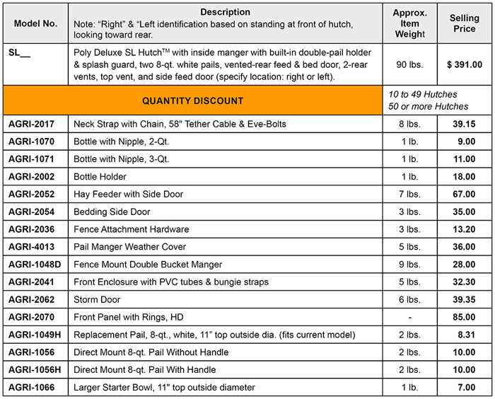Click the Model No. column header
(x=35, y=23)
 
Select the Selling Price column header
(x=464, y=23)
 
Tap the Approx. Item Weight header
(x=410, y=23)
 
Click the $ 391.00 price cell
(x=464, y=64)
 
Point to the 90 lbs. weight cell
(x=410, y=64)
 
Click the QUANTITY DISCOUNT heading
(x=193, y=101)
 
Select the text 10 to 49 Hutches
(x=423, y=94)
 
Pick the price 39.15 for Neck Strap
(x=464, y=124)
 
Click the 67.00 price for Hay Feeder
(x=464, y=195)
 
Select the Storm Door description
(x=97, y=300)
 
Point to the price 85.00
(x=464, y=318)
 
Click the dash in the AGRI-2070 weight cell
(x=410, y=318)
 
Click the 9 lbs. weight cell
(x=410, y=265)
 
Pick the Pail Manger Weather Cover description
(x=130, y=247)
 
